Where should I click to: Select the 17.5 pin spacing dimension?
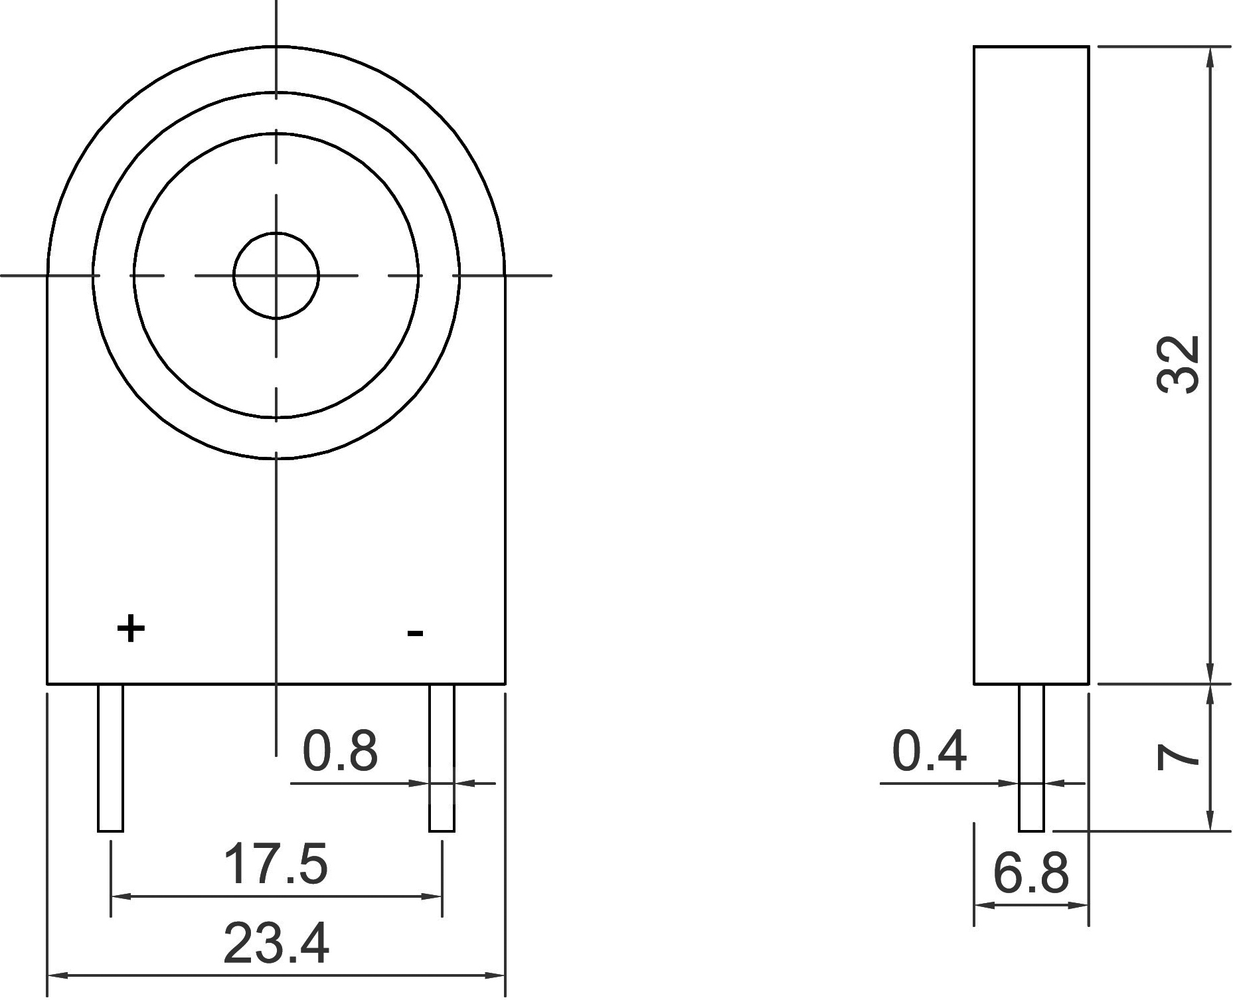point(276,864)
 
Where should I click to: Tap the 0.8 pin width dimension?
point(340,750)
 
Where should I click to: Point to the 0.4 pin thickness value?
point(930,751)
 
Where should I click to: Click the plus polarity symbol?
point(131,628)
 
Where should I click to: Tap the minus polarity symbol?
point(415,633)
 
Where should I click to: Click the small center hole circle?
point(276,232)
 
